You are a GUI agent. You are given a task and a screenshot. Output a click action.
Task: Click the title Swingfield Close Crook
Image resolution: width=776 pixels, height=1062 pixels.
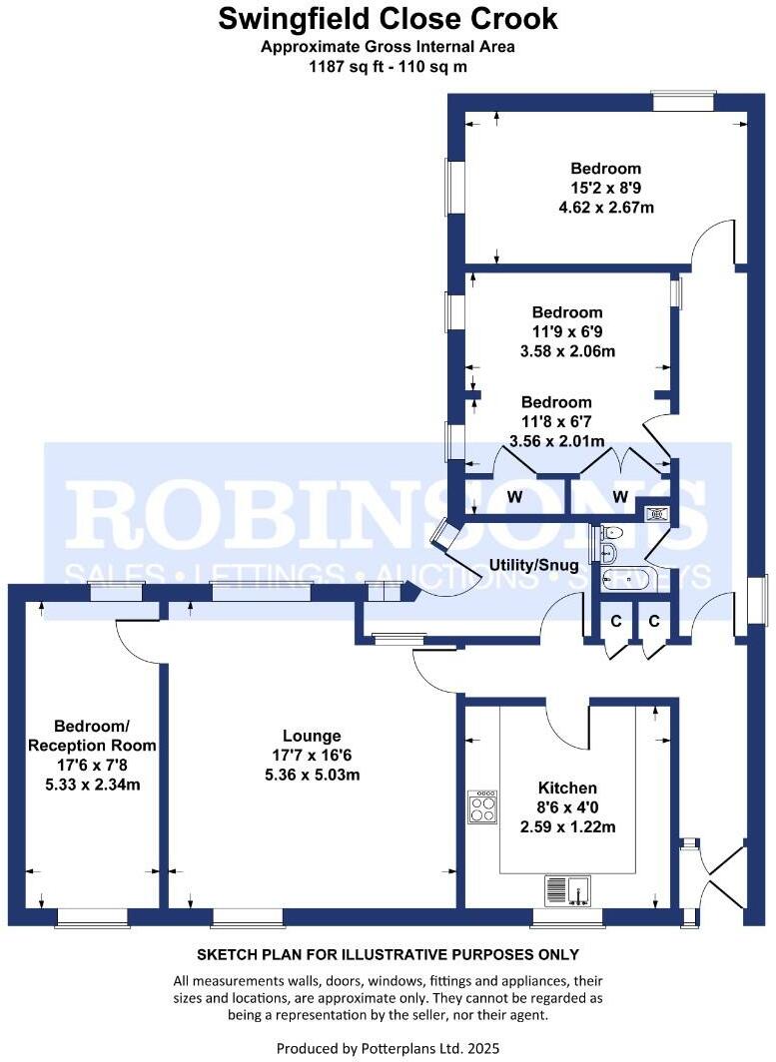click(388, 19)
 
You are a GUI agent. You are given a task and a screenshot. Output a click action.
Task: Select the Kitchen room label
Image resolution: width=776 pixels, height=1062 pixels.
click(567, 788)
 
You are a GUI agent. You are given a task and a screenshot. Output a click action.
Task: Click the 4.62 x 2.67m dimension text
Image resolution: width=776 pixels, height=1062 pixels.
click(605, 207)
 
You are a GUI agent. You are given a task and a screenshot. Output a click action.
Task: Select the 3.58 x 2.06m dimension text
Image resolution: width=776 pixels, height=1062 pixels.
click(566, 350)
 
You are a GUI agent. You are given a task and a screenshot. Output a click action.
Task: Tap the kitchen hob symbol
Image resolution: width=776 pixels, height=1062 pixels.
click(482, 806)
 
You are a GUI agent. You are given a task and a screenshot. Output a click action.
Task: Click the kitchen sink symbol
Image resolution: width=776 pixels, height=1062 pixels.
click(568, 888)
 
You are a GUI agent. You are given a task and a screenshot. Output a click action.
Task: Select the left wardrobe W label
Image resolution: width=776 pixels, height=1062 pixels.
click(515, 496)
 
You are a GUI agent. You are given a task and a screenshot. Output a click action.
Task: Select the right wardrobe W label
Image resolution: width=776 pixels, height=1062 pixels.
click(619, 496)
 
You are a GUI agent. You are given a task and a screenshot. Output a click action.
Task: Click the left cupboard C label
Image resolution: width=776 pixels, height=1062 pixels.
click(616, 621)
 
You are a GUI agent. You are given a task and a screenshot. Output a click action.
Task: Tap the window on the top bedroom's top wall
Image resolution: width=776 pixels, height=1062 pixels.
click(683, 101)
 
